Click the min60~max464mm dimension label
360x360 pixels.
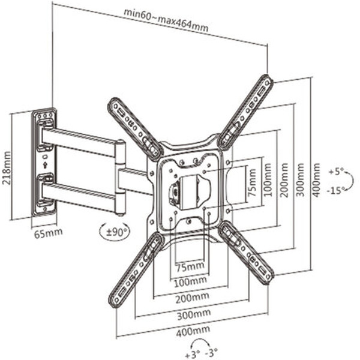[x=166, y=20]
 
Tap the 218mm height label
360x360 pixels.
[x=7, y=168]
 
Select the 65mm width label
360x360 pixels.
[x=48, y=233]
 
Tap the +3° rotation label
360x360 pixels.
[x=193, y=355]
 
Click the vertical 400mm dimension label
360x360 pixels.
[x=316, y=180]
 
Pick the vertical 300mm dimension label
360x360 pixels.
[x=300, y=180]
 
